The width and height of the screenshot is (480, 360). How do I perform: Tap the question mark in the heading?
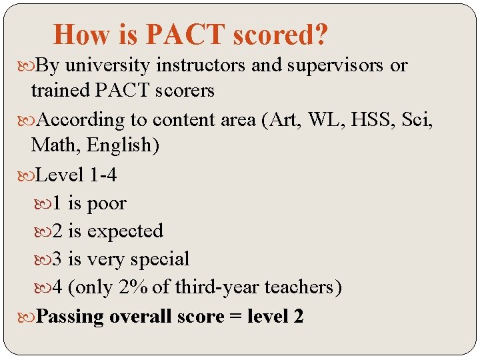[x=320, y=35]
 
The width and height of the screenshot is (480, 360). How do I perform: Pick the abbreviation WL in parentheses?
[x=301, y=120]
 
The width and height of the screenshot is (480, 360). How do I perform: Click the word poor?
[x=107, y=203]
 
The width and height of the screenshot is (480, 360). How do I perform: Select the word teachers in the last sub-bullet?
[x=303, y=287]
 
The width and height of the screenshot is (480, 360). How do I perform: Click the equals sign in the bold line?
[x=236, y=316]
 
